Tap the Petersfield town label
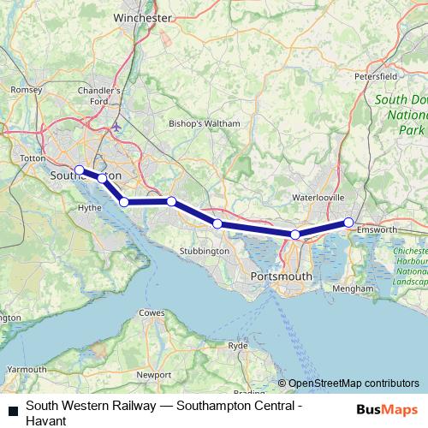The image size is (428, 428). click(376, 75)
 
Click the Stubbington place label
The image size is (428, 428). click(205, 251)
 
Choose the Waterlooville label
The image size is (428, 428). click(318, 198)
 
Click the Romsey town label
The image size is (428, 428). click(24, 89)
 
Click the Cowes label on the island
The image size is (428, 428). click(152, 313)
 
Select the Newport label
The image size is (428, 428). click(154, 375)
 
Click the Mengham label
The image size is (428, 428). click(355, 289)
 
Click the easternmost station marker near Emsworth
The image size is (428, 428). click(349, 223)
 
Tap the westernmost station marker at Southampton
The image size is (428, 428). click(79, 169)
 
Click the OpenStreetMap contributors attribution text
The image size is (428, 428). click(353, 383)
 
